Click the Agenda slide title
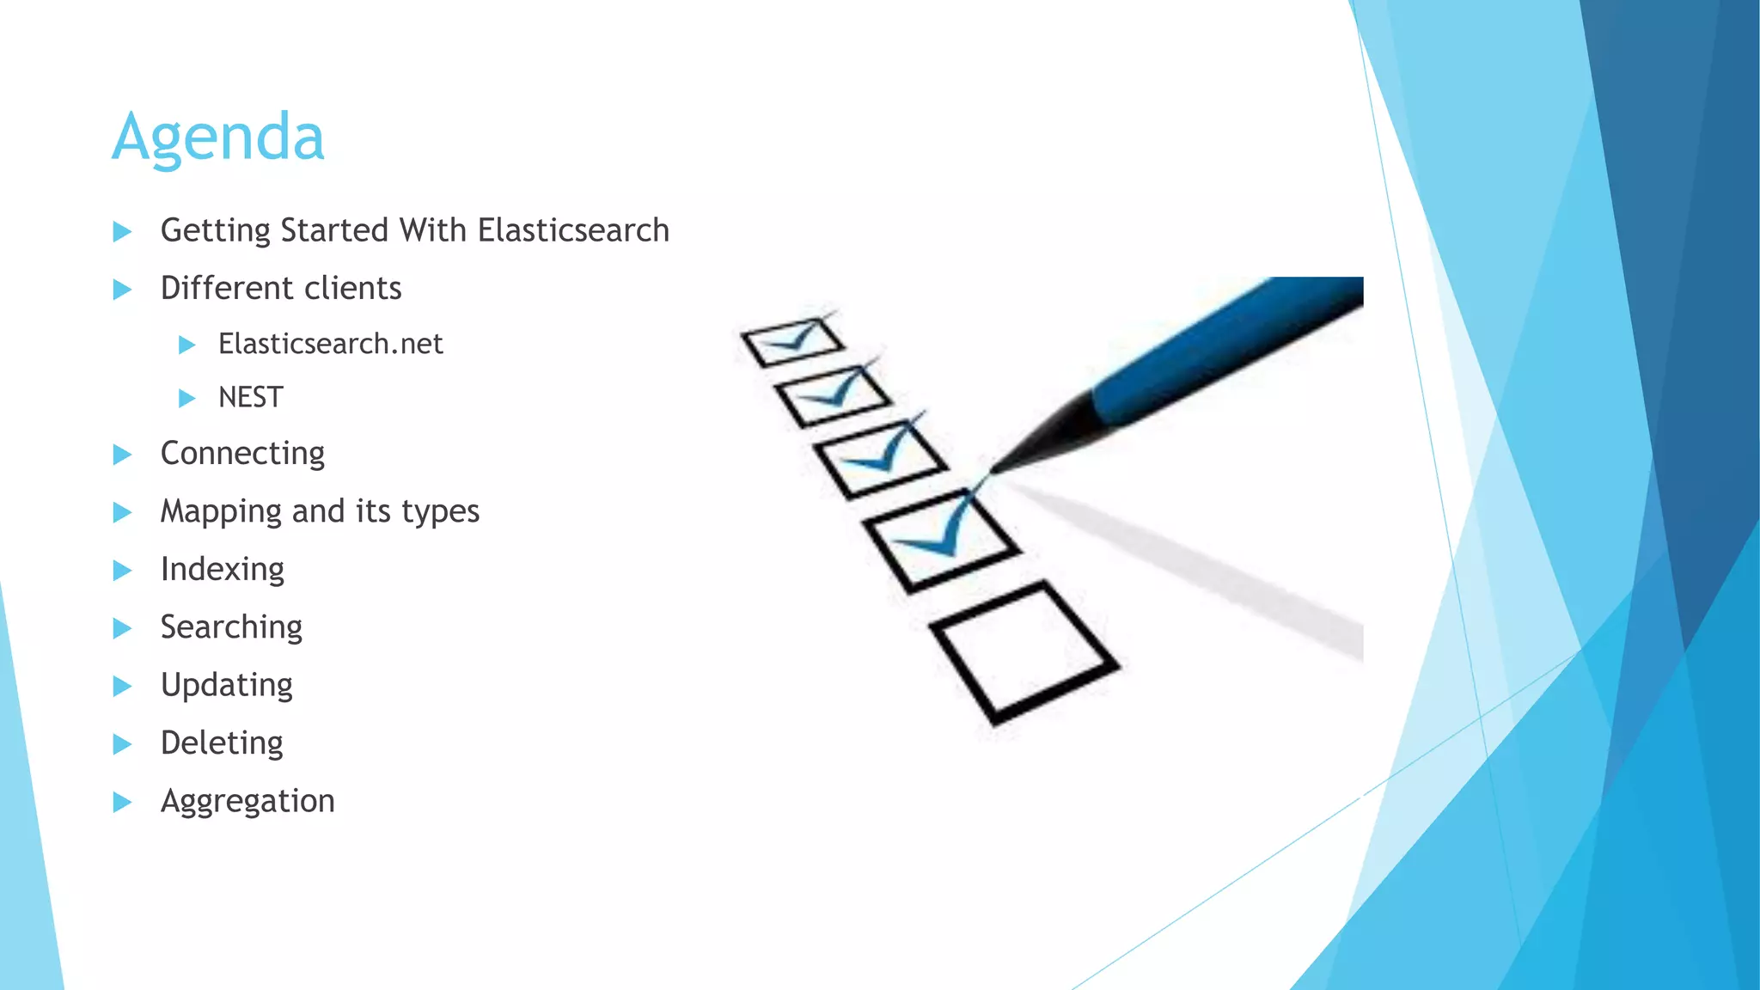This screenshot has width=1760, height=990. point(218,137)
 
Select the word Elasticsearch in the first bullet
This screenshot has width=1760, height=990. point(573,230)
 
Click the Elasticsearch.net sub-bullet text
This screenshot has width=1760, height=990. point(330,344)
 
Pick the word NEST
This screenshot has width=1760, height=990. point(250,397)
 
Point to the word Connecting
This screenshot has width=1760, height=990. point(242,454)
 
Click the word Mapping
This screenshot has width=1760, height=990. point(221,512)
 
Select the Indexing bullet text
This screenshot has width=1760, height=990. point(222,570)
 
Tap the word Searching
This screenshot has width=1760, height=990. point(231,627)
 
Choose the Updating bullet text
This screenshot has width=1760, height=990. point(227,685)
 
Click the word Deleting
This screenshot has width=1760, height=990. point(222,742)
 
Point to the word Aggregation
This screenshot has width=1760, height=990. point(247,801)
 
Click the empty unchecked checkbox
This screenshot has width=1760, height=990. point(1023,652)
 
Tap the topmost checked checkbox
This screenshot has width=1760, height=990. point(791,342)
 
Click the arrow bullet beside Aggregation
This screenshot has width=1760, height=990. point(122,802)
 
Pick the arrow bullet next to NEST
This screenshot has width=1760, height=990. point(186,398)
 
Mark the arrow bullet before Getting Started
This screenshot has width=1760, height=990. point(122,231)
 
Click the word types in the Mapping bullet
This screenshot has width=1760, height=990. point(440,512)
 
